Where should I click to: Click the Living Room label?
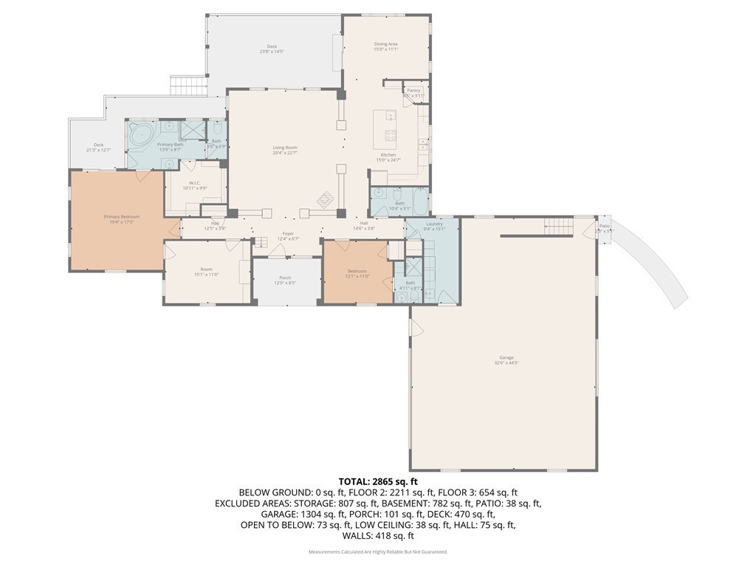point(284,148)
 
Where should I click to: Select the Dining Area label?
point(385,44)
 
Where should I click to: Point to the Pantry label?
point(413,90)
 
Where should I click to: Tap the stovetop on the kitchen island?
point(391,135)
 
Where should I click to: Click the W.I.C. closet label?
point(195,183)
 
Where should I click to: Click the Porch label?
point(285,278)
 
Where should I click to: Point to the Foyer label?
point(287,234)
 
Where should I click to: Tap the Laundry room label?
point(434,224)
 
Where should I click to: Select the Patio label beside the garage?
point(605,226)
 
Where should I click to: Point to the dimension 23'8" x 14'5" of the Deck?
point(272,52)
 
